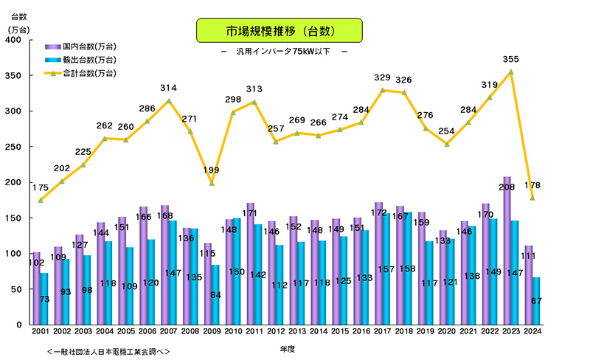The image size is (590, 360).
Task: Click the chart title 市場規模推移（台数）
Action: coord(280,30)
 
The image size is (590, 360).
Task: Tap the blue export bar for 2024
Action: coord(537,301)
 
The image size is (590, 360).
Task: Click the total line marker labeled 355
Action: coord(511,72)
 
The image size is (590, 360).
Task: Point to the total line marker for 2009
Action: coord(212,183)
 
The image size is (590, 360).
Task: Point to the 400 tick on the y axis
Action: coord(15,40)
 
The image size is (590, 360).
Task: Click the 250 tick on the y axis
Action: coord(15,147)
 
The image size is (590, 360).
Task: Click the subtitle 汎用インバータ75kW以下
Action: coord(283,52)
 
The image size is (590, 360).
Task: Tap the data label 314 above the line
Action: coord(169,89)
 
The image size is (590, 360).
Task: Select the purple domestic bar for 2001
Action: coord(37,288)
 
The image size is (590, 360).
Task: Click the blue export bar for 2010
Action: coord(237,271)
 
